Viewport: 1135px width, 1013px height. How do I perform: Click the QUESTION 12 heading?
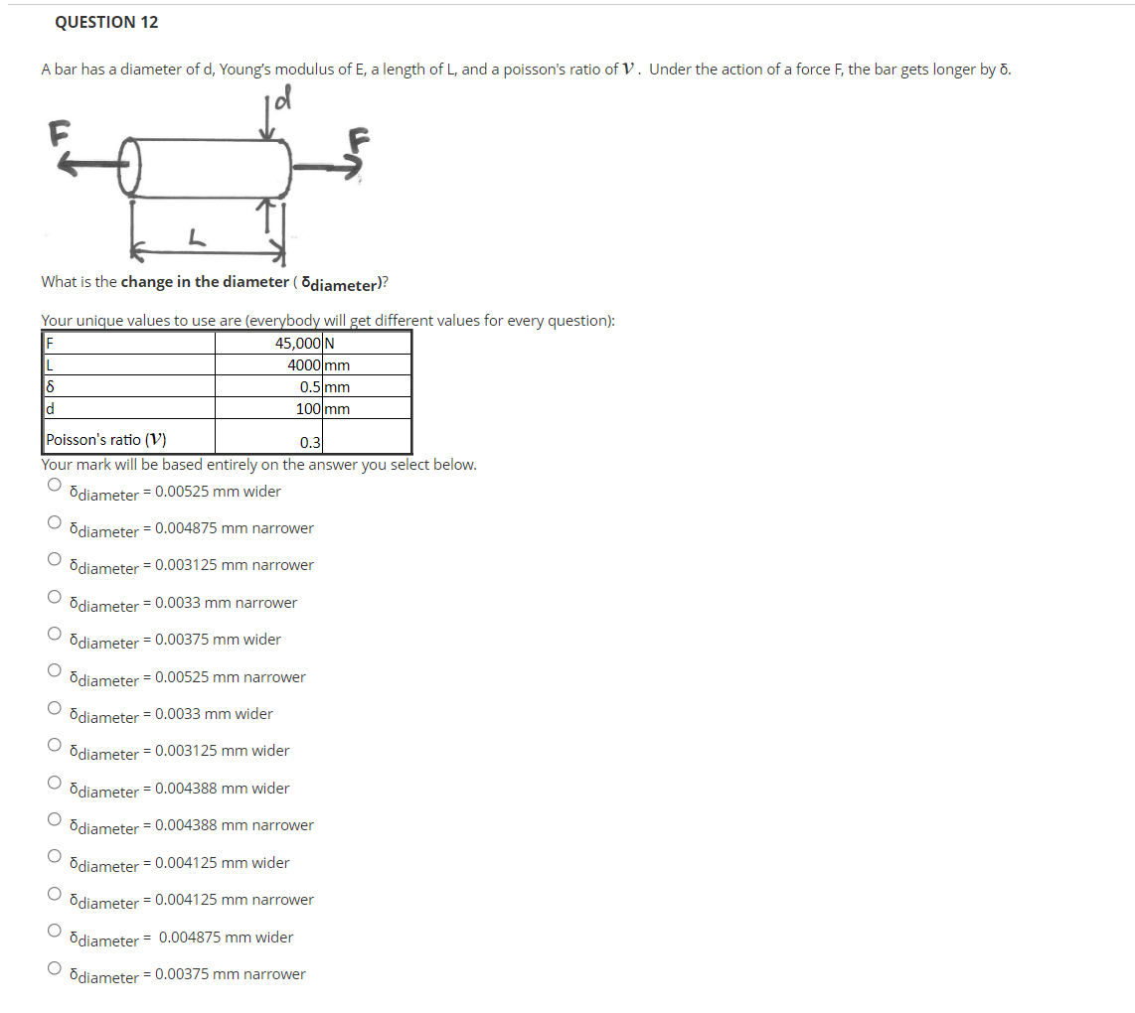coord(106,23)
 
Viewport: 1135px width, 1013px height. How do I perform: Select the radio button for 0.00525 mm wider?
coord(55,485)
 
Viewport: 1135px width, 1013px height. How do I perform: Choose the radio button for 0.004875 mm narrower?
coord(55,521)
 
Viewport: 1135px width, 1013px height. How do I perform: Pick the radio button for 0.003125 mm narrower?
coord(55,558)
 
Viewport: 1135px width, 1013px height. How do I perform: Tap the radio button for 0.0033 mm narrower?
coord(55,596)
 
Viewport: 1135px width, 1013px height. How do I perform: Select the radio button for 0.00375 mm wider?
coord(55,634)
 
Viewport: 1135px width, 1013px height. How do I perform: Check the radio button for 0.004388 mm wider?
coord(55,782)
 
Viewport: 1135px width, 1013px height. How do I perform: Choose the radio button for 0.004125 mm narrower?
coord(55,893)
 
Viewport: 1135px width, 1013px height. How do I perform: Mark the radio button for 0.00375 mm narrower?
coord(55,967)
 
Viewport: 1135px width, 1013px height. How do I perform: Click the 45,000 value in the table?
coord(297,343)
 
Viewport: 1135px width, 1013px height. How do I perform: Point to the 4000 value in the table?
coord(304,364)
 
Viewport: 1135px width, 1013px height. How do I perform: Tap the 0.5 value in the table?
coord(310,386)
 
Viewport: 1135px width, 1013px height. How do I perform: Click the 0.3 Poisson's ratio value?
coord(310,442)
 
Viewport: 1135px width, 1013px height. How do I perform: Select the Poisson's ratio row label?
coord(105,439)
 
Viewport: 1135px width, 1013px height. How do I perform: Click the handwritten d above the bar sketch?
coord(283,97)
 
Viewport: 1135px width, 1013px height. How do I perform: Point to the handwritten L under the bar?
coord(196,236)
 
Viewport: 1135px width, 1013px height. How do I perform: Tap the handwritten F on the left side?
coord(60,133)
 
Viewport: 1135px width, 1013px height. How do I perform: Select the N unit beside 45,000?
coord(329,343)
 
